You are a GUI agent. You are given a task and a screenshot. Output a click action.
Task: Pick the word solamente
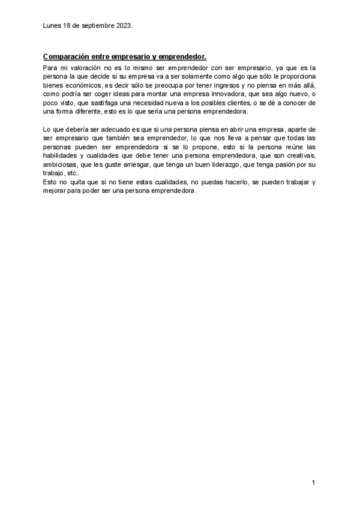pyautogui.click(x=176, y=77)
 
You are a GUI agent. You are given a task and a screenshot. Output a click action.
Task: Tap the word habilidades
pyautogui.click(x=60, y=156)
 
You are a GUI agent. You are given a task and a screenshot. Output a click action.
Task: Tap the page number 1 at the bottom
pyautogui.click(x=314, y=483)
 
